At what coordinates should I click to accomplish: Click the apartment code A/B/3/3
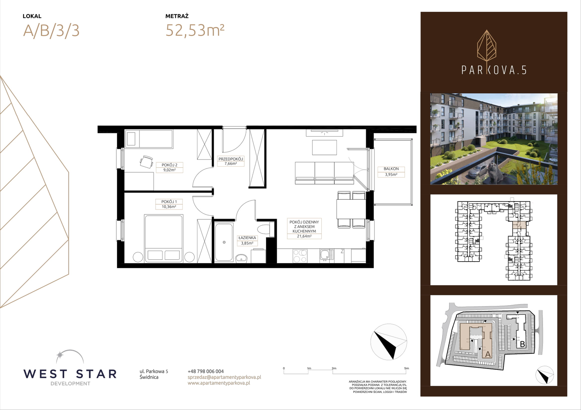(51, 31)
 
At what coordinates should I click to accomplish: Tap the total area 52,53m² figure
(195, 30)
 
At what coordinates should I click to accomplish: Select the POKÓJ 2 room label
(169, 165)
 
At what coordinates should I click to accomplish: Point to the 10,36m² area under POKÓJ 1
(169, 207)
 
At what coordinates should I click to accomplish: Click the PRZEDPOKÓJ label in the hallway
(230, 159)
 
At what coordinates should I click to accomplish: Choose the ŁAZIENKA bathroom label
(247, 238)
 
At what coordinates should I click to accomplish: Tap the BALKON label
(391, 169)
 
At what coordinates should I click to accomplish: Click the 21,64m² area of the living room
(304, 236)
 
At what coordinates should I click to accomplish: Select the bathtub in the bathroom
(224, 242)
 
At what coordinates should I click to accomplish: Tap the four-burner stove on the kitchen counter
(300, 255)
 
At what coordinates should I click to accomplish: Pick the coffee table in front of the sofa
(324, 148)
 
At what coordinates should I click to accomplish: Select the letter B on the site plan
(522, 344)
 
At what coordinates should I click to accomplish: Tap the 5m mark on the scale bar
(406, 368)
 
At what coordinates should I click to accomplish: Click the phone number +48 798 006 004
(206, 371)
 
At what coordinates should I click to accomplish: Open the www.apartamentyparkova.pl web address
(219, 383)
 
